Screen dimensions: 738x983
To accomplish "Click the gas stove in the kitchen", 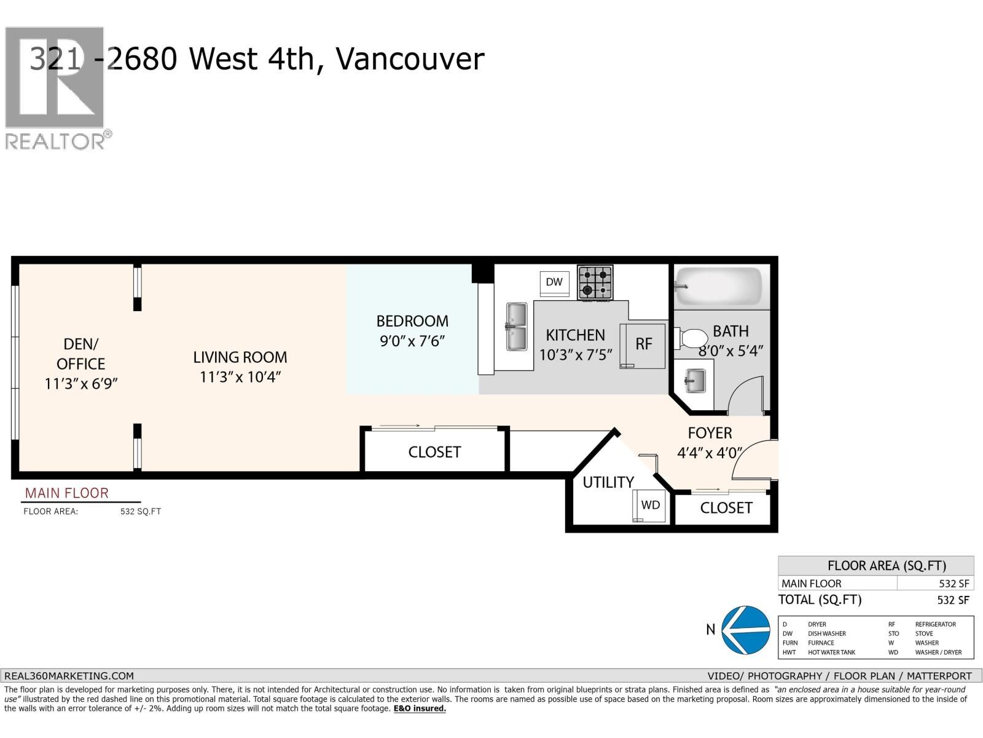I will (595, 282).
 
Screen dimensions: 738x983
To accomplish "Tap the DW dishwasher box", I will (554, 282).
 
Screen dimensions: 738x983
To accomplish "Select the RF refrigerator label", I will (643, 344).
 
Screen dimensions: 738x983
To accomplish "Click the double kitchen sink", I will (516, 326).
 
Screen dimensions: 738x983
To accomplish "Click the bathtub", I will (719, 286).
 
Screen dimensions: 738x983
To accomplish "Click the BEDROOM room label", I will (412, 321).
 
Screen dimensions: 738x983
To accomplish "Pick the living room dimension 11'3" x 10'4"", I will (240, 377).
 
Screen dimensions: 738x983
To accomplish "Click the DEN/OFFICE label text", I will (80, 354).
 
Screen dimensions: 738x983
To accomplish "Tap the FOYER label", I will (710, 434).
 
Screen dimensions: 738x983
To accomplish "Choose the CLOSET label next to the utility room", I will (726, 508).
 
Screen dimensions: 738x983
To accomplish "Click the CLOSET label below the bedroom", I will (434, 452).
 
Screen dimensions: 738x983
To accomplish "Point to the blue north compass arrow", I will (745, 629).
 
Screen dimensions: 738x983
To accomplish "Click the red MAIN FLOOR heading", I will (66, 493).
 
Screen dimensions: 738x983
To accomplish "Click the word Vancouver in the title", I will (410, 60).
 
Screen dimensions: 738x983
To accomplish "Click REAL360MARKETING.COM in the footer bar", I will (69, 675).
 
